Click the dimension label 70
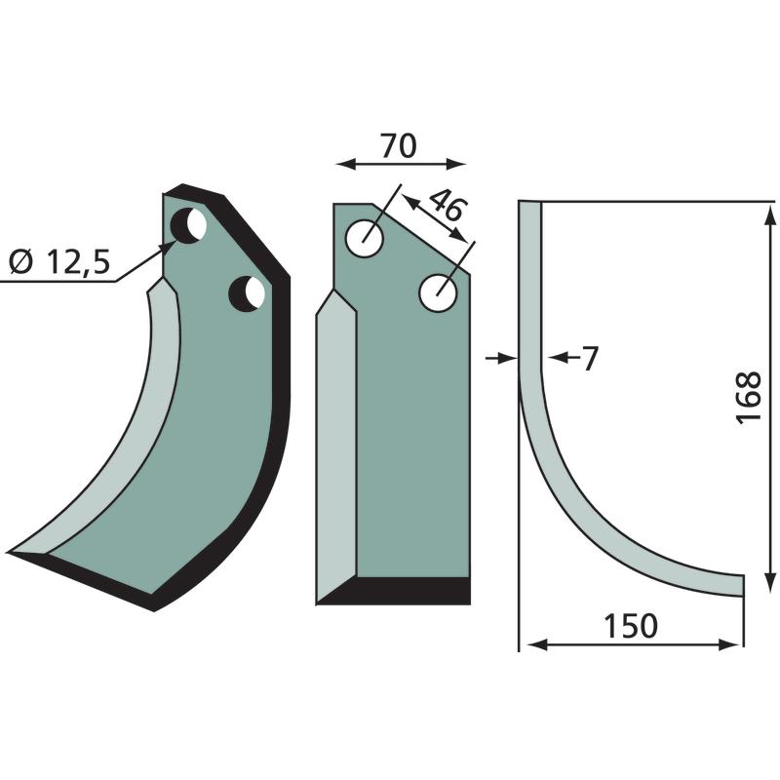coord(398,146)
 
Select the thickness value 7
coord(590,358)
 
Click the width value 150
coord(630,626)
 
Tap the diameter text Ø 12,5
coord(59,262)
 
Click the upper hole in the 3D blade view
coord(188,226)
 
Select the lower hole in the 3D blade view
coord(247,294)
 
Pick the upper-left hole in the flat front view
coord(365,239)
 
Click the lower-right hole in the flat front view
coord(438,292)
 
